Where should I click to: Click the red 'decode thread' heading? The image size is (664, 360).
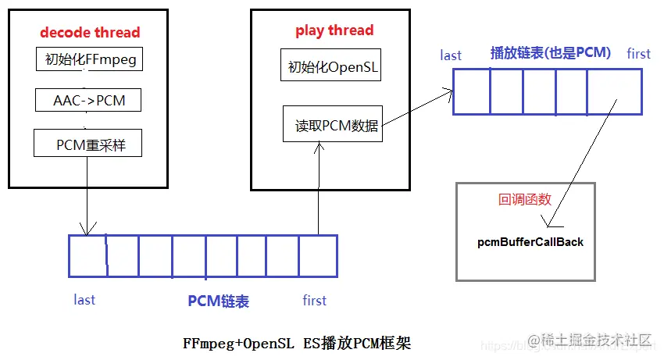[x=90, y=32]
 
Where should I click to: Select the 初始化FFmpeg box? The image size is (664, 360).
[x=88, y=59]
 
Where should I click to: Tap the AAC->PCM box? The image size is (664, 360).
[x=88, y=102]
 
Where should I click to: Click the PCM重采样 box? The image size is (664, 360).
[x=88, y=144]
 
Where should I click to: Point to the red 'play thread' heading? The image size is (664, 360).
[x=334, y=30]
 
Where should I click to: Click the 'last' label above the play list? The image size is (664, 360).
[x=451, y=55]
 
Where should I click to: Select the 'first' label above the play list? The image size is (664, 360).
[x=638, y=53]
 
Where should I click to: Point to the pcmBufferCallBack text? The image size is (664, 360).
[x=530, y=242]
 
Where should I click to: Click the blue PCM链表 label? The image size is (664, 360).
[x=218, y=301]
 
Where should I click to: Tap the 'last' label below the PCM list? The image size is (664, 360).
[x=84, y=300]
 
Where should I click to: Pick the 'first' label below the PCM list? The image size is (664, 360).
[x=314, y=300]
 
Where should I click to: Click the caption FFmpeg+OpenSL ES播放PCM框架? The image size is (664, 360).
[x=296, y=343]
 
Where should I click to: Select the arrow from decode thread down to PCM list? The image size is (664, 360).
[x=86, y=211]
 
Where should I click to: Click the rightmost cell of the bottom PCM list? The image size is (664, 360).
[x=318, y=256]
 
